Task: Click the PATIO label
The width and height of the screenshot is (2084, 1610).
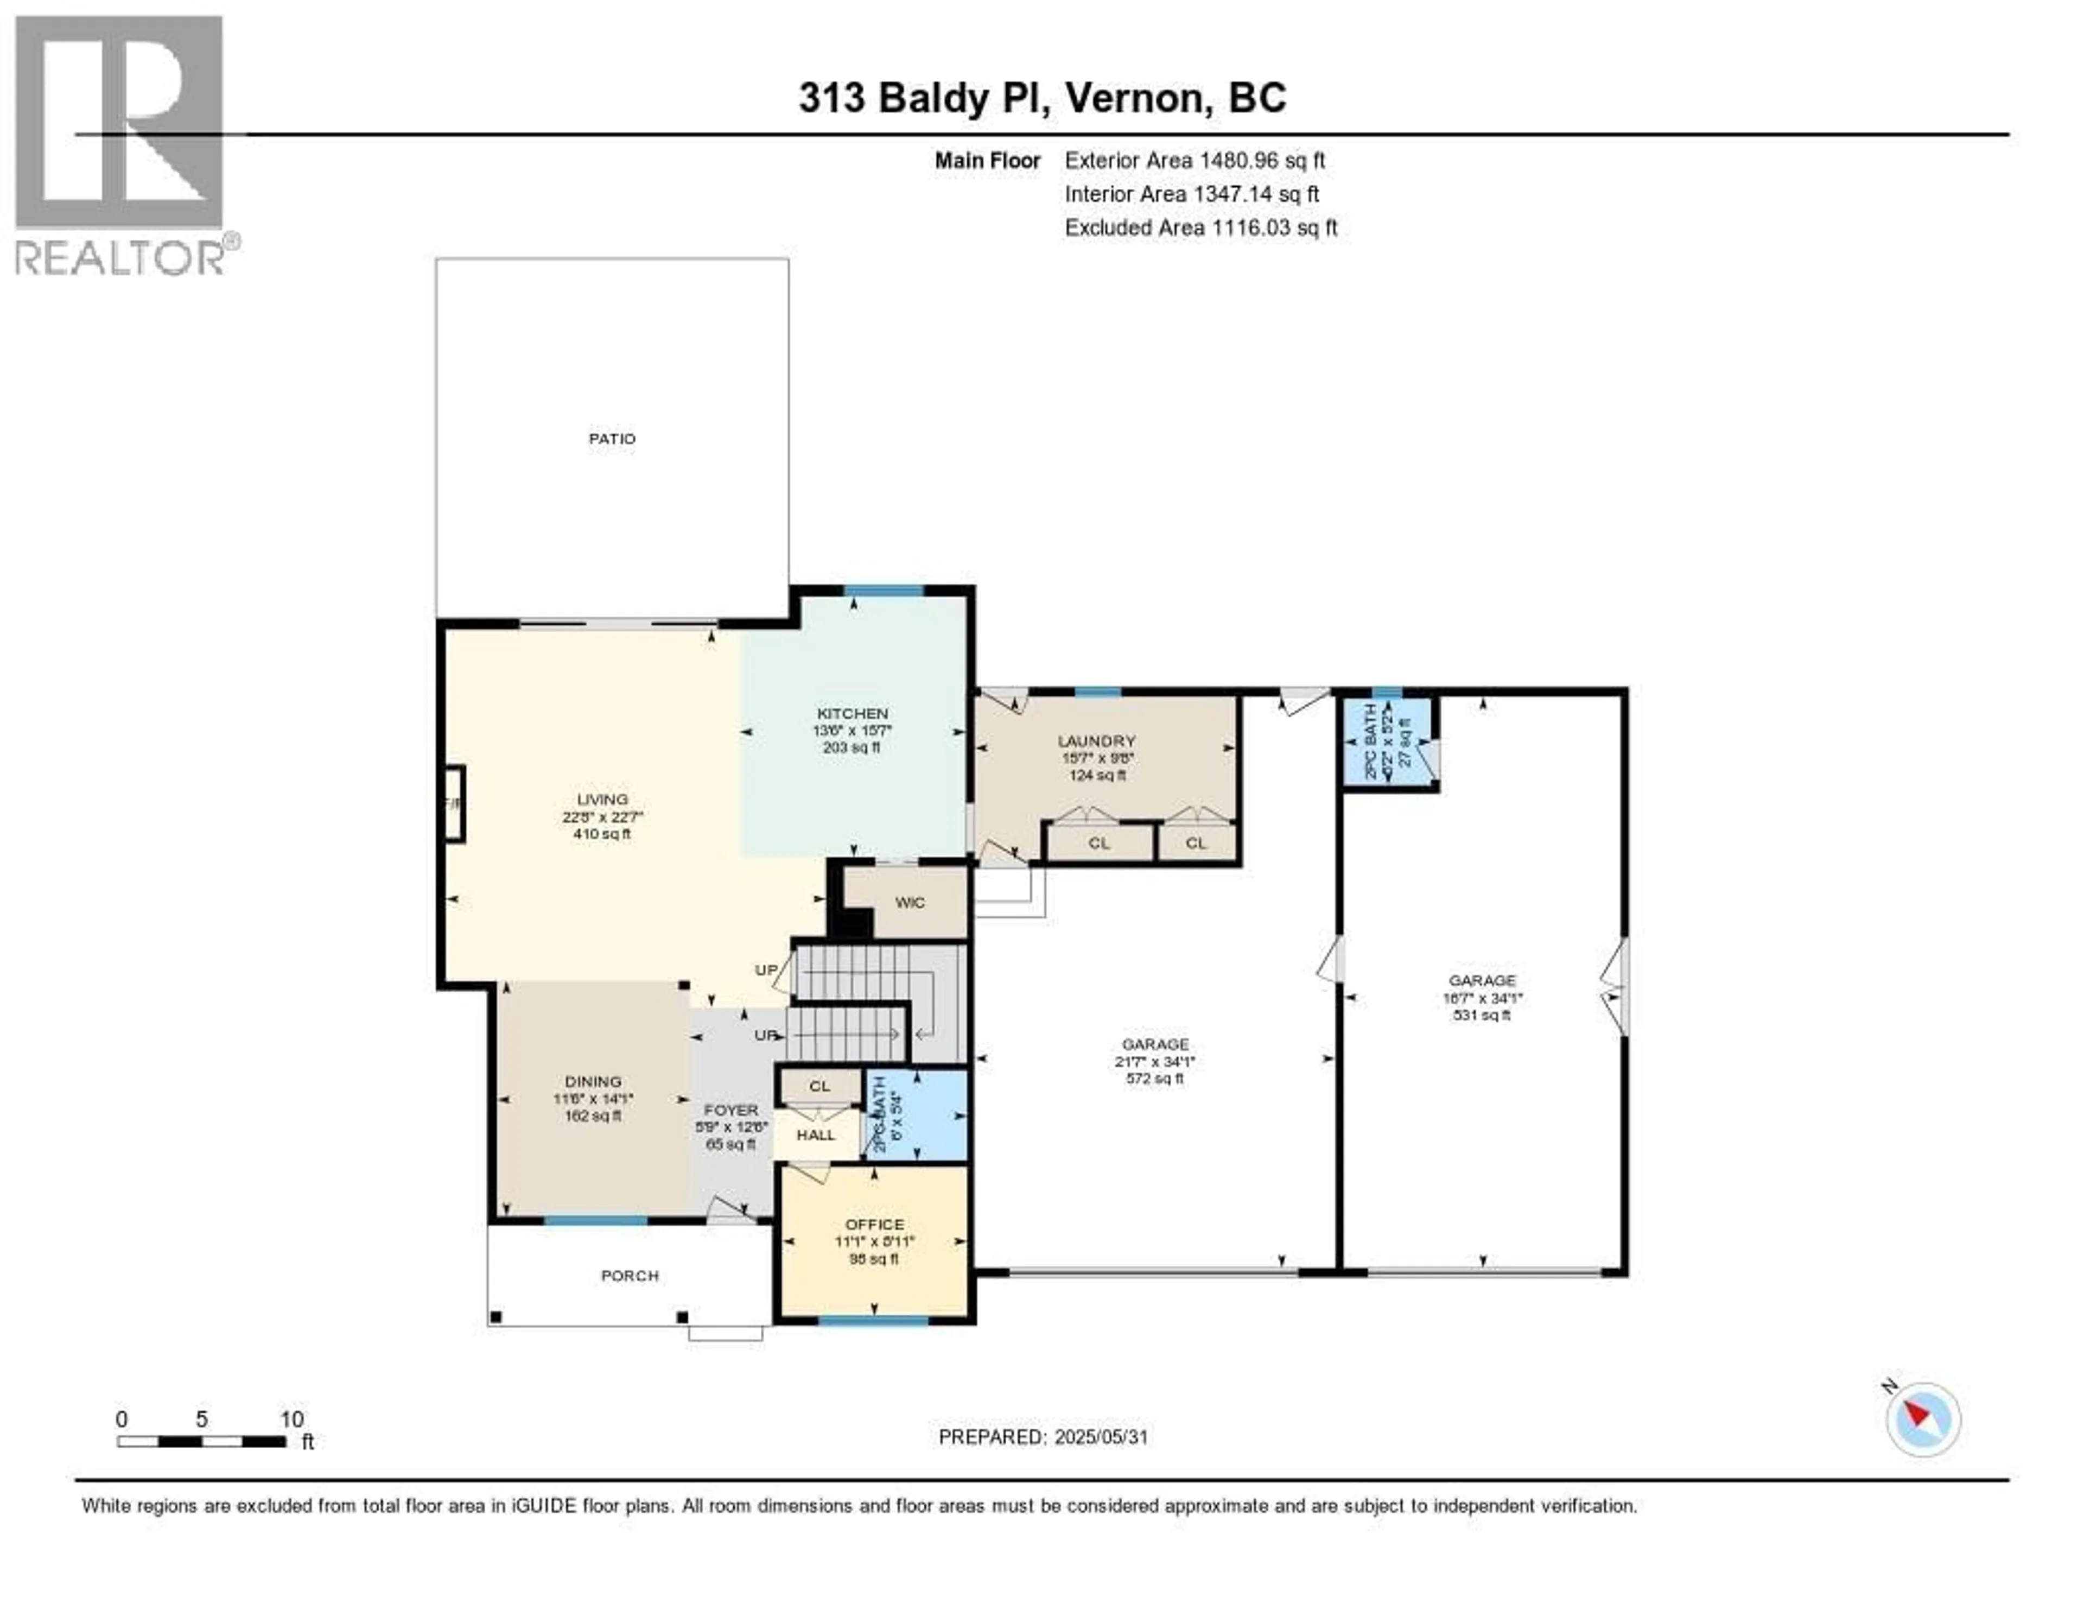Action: coord(612,439)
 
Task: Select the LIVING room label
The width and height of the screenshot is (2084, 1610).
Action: coord(602,800)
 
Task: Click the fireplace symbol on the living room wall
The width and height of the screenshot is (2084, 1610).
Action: coord(454,804)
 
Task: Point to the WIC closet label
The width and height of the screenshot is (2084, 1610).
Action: coord(910,903)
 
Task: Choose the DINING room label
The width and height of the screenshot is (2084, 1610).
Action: coord(593,1081)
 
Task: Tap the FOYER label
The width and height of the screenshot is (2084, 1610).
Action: coord(731,1110)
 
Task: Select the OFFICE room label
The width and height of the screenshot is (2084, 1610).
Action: coord(874,1225)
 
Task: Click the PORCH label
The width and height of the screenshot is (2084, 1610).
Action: coord(630,1276)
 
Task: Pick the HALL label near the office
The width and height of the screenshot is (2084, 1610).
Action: coord(816,1134)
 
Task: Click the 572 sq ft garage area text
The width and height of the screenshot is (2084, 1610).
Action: coord(1154,1079)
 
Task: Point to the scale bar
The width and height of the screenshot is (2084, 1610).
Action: coord(201,1441)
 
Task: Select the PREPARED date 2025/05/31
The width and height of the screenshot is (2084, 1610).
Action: coord(1043,1437)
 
